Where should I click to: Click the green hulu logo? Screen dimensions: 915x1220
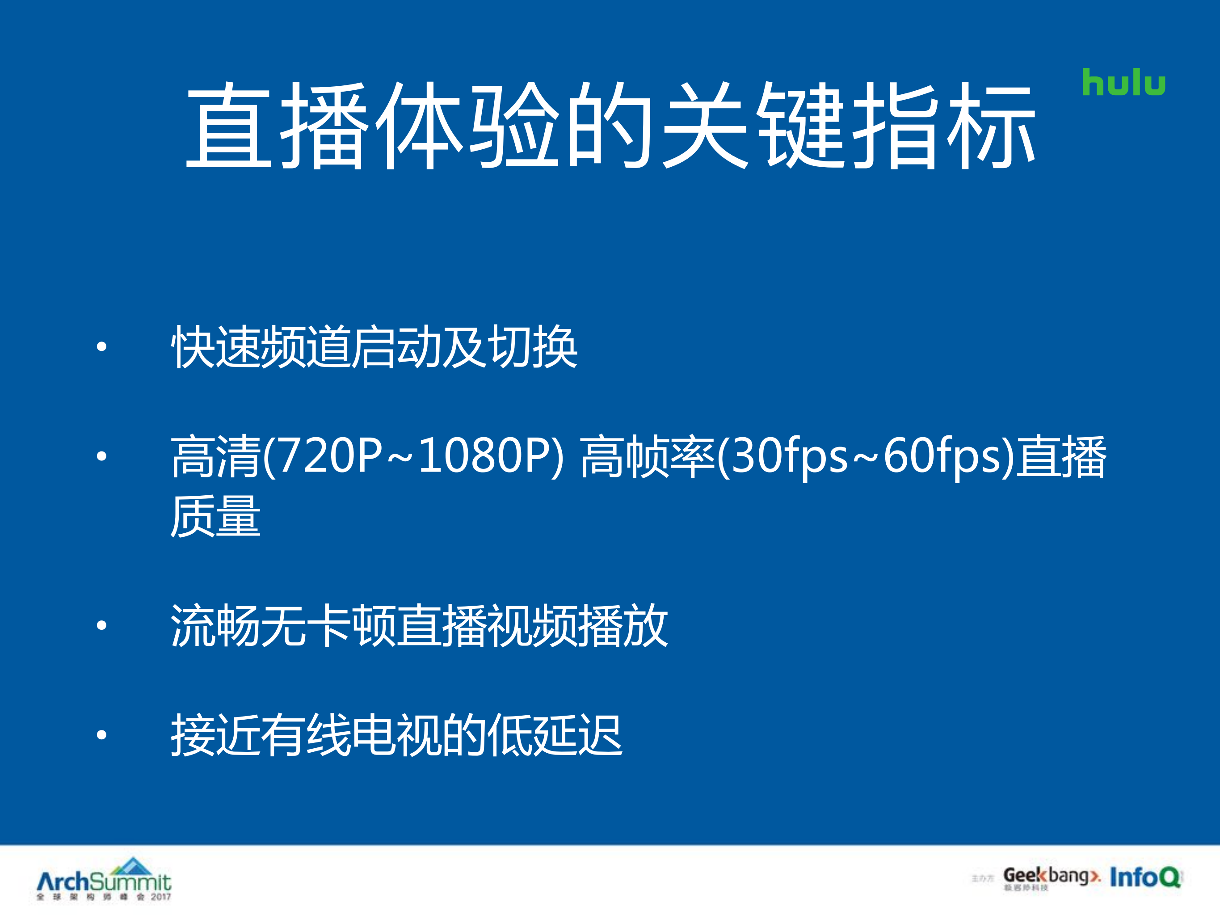click(x=1123, y=83)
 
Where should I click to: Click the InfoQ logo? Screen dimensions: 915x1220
click(x=1145, y=877)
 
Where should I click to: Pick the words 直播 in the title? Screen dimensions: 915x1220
click(x=276, y=126)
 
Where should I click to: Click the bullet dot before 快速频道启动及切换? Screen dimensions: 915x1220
click(x=101, y=346)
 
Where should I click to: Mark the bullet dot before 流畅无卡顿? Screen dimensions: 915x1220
click(x=101, y=625)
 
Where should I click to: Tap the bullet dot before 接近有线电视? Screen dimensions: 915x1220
click(x=101, y=735)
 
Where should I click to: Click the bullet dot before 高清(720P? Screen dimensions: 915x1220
click(x=101, y=456)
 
